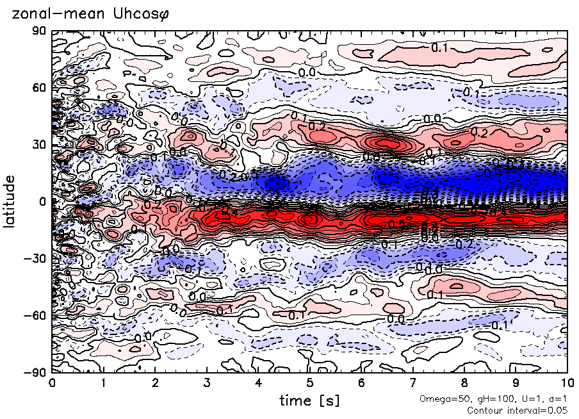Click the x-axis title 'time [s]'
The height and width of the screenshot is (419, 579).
coord(309,400)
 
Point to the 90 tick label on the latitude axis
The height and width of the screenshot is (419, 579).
coord(39,31)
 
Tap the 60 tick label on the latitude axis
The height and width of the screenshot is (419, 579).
coord(39,88)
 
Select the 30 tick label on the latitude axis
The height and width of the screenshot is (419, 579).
coord(39,145)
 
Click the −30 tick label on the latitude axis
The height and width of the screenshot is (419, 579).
coord(36,258)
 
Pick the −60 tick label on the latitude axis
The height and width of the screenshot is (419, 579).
coord(36,315)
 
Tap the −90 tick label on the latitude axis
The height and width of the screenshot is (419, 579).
coord(36,372)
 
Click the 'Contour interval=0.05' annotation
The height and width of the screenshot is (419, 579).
coord(518,410)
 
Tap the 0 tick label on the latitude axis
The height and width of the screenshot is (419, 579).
coord(42,202)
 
